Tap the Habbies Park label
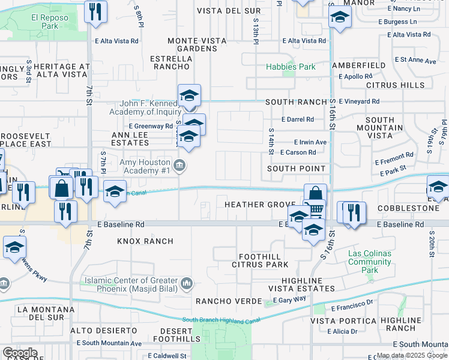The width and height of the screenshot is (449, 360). [x=291, y=67]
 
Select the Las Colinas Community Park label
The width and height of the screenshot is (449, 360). [x=370, y=262]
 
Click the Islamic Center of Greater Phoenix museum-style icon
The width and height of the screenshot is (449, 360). [x=187, y=282]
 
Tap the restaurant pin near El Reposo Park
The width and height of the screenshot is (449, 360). [x=95, y=13]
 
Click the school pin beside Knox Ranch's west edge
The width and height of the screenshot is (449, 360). [x=14, y=248]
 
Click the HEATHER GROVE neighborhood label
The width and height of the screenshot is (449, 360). [x=259, y=205]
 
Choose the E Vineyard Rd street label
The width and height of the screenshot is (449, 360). [x=359, y=101]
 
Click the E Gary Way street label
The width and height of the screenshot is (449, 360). [x=289, y=299]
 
